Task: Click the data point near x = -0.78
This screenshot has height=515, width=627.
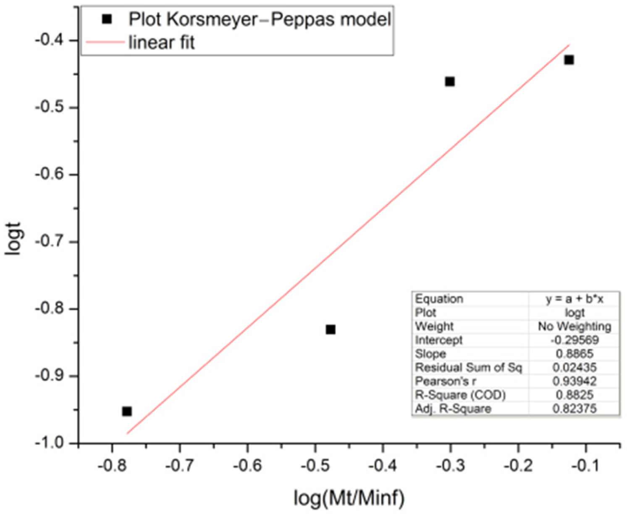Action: coord(127,411)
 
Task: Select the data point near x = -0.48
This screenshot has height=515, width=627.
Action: coord(331,329)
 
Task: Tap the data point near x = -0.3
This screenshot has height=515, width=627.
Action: coord(450,81)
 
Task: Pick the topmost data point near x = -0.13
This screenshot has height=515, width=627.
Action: coord(569,60)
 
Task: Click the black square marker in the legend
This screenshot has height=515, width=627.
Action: coord(107,19)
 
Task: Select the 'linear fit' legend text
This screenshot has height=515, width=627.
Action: coord(162,42)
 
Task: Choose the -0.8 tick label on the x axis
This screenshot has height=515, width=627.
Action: coord(112,466)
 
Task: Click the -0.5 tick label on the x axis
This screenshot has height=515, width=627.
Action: coord(315,466)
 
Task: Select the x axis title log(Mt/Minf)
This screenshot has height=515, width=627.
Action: coord(349,499)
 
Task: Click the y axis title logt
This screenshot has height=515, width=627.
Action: coord(13,238)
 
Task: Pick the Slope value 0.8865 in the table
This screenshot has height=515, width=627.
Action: coord(574,354)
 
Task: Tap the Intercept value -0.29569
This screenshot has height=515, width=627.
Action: coord(574,340)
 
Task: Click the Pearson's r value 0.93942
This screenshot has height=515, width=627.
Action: coord(574,381)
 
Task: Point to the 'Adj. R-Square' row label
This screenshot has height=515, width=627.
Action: coord(453,408)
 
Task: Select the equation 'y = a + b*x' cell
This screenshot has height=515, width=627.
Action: coord(574,299)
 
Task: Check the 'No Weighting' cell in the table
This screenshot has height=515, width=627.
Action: coord(574,326)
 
